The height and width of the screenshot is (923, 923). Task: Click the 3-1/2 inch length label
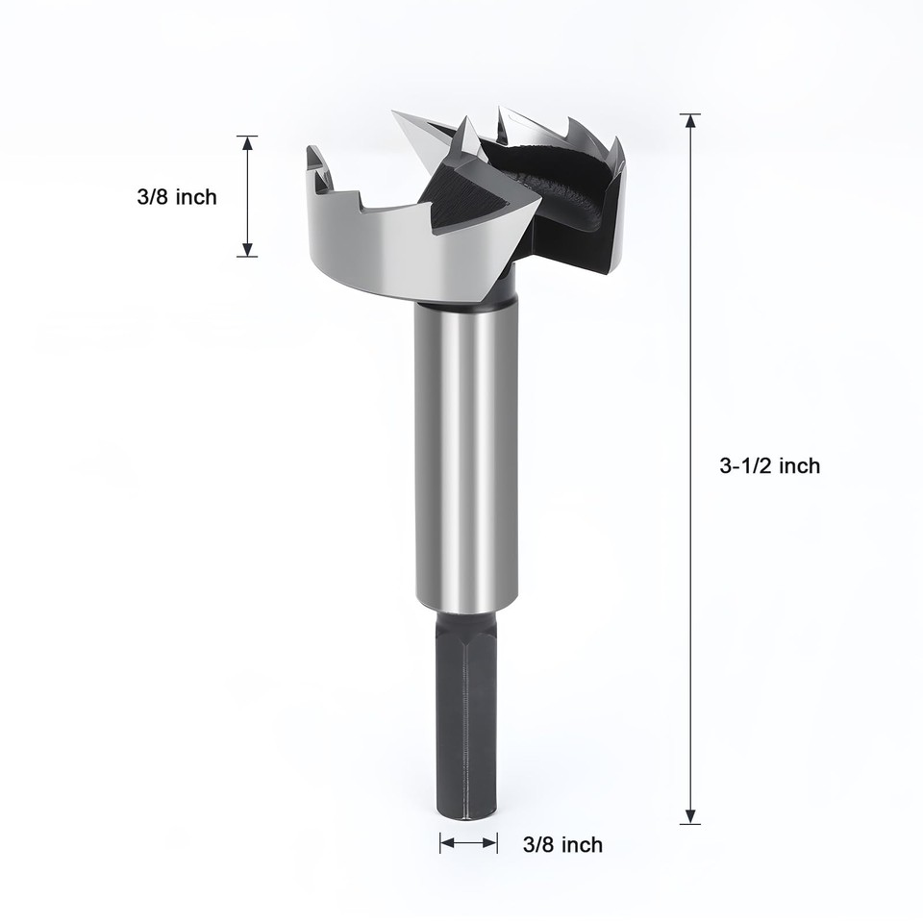click(x=769, y=465)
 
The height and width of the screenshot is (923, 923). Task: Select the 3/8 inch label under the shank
click(x=562, y=844)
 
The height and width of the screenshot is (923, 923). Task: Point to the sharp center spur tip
click(x=395, y=114)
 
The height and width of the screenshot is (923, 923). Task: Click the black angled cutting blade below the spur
click(x=471, y=202)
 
